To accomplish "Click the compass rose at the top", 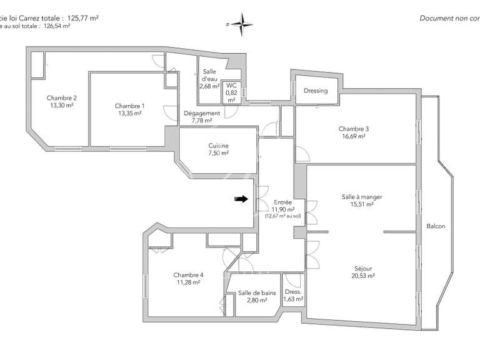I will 241,24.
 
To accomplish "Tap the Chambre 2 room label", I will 61,97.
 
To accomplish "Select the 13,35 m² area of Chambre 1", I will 130,114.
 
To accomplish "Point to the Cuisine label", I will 218,146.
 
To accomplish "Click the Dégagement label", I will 201,113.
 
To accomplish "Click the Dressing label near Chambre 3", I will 316,91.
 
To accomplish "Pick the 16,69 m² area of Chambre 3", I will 354,136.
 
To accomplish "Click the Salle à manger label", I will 362,196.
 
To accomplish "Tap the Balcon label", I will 436,226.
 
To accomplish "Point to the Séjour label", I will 362,267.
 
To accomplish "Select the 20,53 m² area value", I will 362,276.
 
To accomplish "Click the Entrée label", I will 282,202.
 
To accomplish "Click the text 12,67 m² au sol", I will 282,216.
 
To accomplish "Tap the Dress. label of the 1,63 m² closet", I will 293,292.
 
